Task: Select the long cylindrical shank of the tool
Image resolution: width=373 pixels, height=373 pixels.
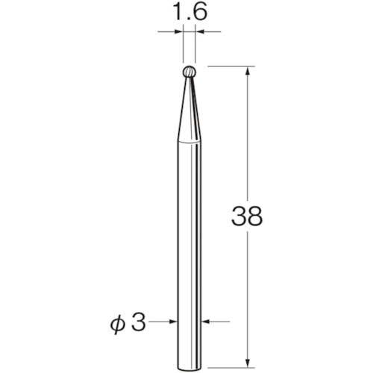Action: coord(188,239)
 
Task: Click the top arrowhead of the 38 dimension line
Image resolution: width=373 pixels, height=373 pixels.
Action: coord(246,70)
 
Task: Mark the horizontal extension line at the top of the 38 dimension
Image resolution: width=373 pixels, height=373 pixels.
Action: coord(228,66)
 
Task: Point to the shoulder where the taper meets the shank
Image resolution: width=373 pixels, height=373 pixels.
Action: coord(188,144)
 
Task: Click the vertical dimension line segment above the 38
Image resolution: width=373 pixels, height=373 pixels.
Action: coord(246,134)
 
